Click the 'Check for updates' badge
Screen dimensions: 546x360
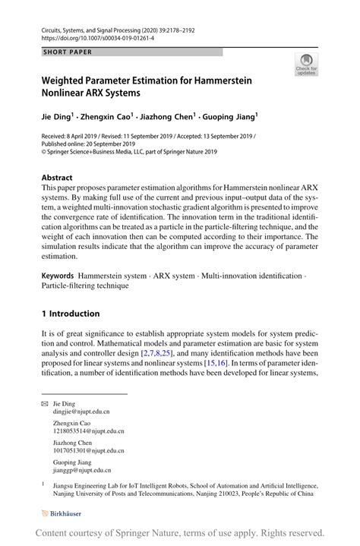coord(307,65)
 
